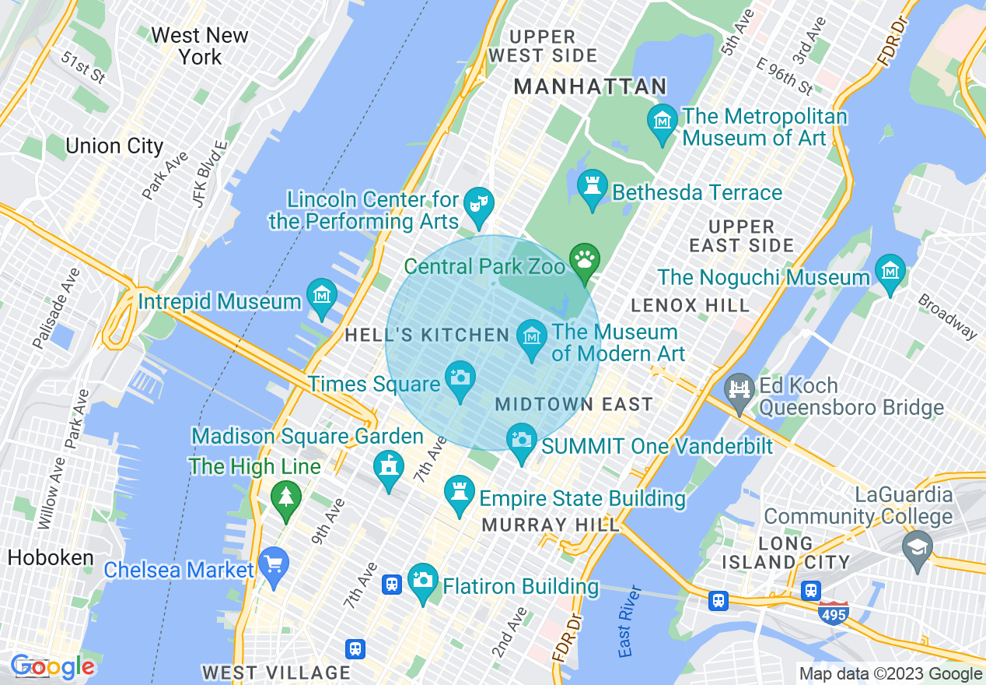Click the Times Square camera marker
pos(460,378)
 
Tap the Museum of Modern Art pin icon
pos(532,337)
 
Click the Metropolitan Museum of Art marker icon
pos(663,121)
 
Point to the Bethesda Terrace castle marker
pos(593,187)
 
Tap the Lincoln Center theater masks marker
pos(475,205)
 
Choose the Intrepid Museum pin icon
pos(321,296)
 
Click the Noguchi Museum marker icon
pos(890,272)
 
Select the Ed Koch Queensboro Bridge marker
pos(739,390)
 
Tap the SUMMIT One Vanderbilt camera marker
pos(522,441)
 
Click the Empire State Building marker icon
pos(459,493)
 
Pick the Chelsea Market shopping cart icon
pos(273,564)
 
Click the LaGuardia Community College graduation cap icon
pos(918,547)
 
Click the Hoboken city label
pos(51,558)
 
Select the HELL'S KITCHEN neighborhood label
pos(427,335)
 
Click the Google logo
pos(53,666)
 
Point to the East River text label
pos(630,622)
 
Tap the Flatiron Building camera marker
pos(423,581)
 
